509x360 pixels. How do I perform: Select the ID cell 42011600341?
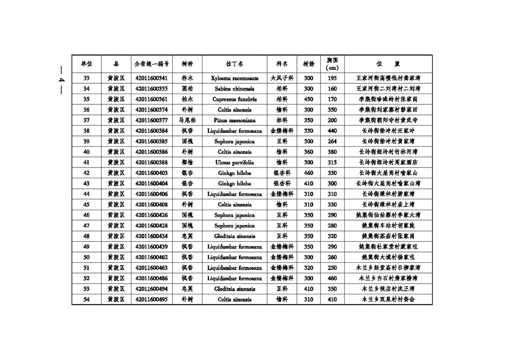pyautogui.click(x=151, y=78)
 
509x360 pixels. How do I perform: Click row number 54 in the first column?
pyautogui.click(x=86, y=300)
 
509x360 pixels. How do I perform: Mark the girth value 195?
pyautogui.click(x=332, y=78)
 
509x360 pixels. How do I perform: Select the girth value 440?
pyautogui.click(x=332, y=131)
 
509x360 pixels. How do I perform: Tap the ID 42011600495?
pyautogui.click(x=151, y=300)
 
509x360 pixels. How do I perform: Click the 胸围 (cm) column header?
pyautogui.click(x=332, y=64)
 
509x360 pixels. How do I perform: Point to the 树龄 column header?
pyautogui.click(x=308, y=64)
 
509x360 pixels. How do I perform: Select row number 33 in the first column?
pyautogui.click(x=86, y=78)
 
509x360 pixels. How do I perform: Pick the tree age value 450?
pyautogui.click(x=308, y=99)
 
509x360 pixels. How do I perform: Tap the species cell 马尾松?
pyautogui.click(x=187, y=121)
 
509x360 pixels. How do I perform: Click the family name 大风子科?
pyautogui.click(x=282, y=78)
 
